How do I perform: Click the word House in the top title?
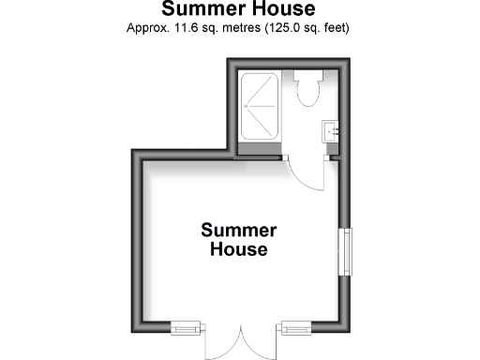(x=277, y=9)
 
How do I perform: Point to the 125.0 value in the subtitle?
(x=283, y=27)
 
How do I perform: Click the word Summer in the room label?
(x=239, y=230)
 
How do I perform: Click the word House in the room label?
(x=239, y=250)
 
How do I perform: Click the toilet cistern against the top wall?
(x=307, y=75)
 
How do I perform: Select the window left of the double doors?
(x=187, y=327)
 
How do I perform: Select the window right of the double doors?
(x=295, y=327)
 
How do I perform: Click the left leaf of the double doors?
(x=222, y=344)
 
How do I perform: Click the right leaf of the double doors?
(x=260, y=344)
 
